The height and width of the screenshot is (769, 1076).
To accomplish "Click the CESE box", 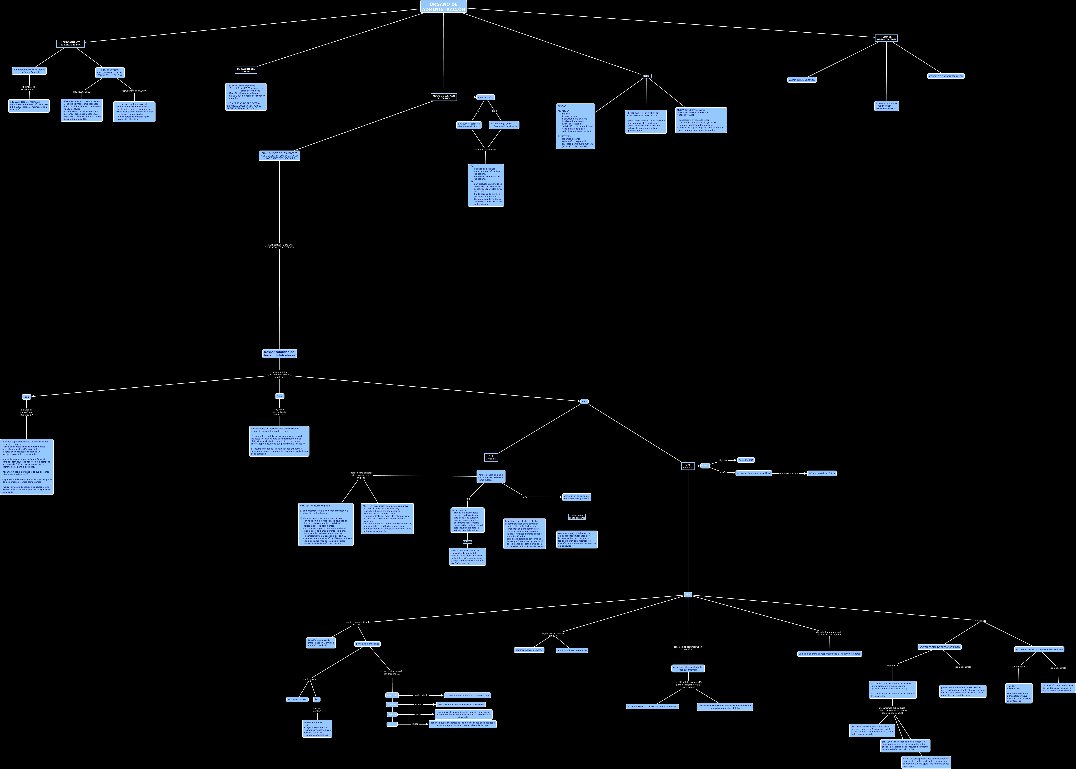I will [646, 76].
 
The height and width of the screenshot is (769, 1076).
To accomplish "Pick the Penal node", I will [27, 397].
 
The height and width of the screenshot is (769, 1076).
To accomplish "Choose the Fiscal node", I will [279, 396].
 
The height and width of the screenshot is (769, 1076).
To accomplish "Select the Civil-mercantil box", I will [688, 466].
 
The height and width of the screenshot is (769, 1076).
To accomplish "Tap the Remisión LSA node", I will [745, 460].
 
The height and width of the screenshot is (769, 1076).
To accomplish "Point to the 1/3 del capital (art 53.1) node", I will [821, 473].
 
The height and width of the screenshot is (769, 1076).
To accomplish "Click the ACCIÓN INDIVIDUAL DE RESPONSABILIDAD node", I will [1039, 649].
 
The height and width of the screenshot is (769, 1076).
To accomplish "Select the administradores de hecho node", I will [529, 650].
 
